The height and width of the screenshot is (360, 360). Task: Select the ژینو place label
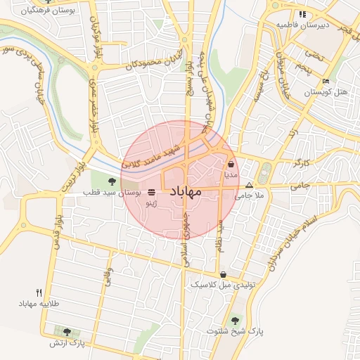150,202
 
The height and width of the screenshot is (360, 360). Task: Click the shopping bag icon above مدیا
231,164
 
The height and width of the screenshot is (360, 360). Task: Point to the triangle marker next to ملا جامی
248,186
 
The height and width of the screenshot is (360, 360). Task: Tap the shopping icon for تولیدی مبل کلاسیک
223,275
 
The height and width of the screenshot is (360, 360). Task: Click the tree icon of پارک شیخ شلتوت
235,321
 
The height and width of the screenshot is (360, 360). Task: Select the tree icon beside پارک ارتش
67,332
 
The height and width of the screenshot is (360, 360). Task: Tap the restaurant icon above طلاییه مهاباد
39,292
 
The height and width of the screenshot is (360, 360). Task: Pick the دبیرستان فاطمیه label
302,25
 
